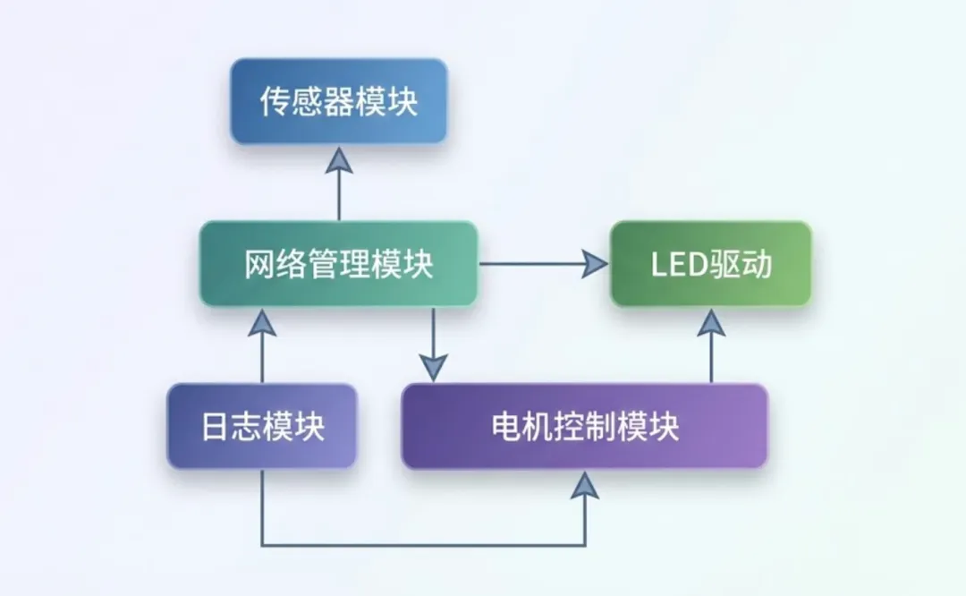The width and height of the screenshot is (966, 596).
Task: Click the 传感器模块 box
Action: tap(338, 101)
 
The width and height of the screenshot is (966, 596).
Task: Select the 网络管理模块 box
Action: tap(338, 264)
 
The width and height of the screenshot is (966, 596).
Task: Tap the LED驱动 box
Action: tap(711, 264)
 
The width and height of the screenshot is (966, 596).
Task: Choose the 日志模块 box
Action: tap(262, 426)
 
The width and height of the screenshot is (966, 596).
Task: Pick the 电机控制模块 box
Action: tap(584, 426)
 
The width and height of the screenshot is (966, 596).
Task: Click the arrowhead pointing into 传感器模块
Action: tap(339, 161)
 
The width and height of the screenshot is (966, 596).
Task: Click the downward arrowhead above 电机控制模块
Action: tap(433, 366)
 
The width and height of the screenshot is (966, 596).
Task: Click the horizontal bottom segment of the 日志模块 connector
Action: tap(420, 544)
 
